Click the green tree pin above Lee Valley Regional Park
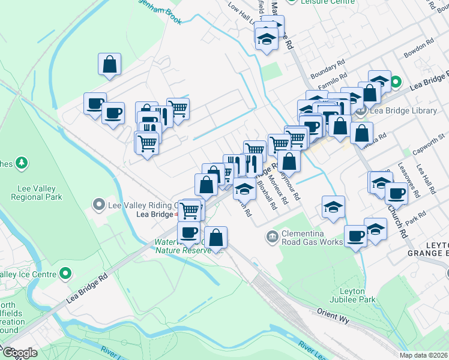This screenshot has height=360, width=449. pos(22,163)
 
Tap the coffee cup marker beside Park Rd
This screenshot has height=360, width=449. pos(396,194)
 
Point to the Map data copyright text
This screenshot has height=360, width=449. pos(424,355)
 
